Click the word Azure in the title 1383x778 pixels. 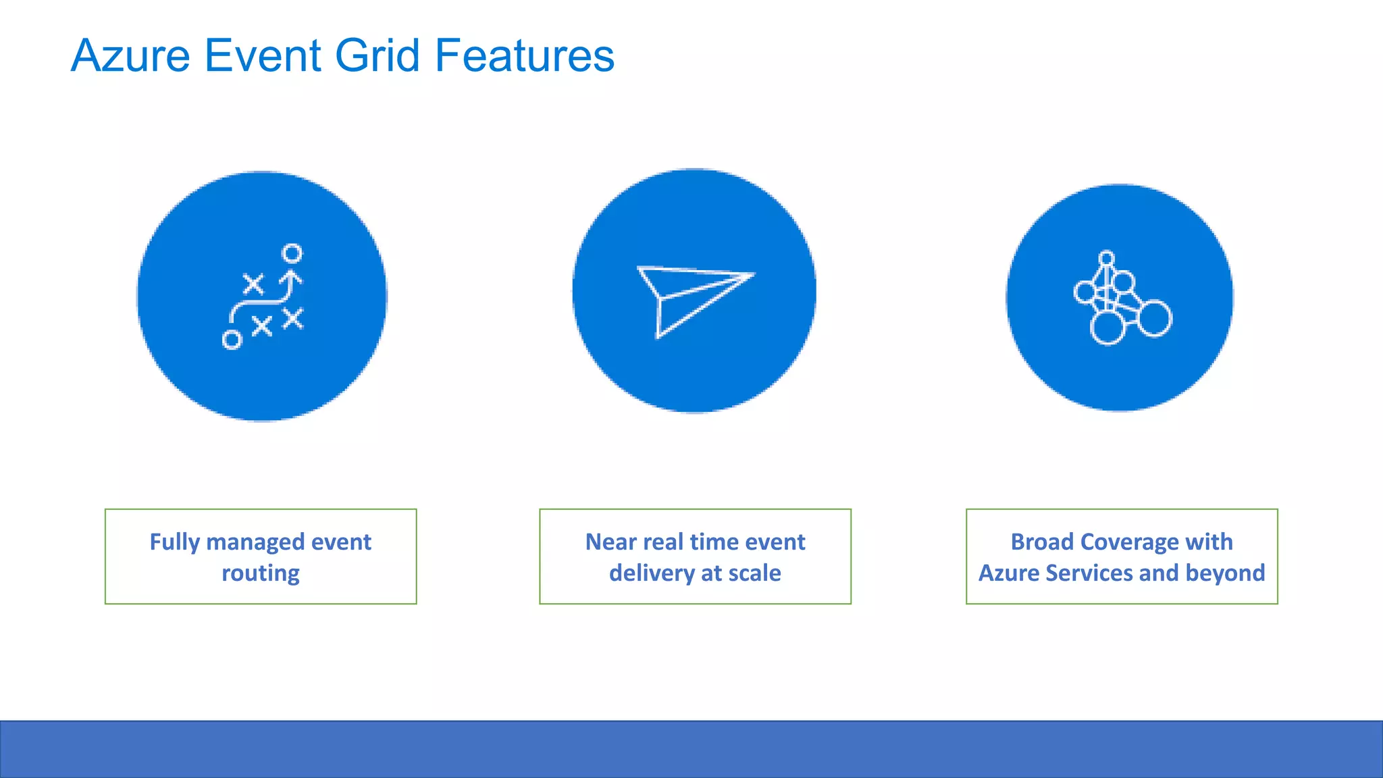coord(130,55)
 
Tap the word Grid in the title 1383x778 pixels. coord(377,55)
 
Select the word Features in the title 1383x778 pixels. coord(525,55)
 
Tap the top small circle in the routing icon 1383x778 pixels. coord(292,254)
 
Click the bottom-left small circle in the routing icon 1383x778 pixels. coord(232,340)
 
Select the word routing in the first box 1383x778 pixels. coord(261,573)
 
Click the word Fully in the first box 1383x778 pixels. coord(175,542)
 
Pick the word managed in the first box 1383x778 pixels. coord(255,542)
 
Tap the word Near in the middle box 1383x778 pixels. coord(610,542)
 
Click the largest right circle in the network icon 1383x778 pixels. coord(1154,319)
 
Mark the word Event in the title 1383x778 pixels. coord(262,55)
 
